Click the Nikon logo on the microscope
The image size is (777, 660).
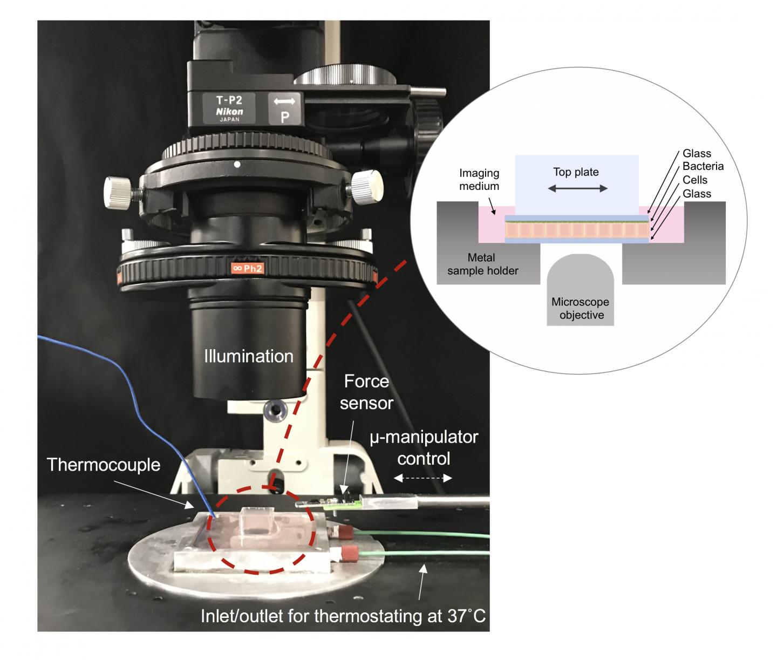[229, 112]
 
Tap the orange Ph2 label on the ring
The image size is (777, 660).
[247, 268]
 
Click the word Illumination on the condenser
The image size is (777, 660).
[249, 356]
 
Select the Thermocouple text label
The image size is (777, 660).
[104, 465]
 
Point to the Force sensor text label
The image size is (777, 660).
[366, 392]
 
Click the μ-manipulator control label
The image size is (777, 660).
[424, 447]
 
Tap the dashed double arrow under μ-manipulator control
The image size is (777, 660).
[423, 478]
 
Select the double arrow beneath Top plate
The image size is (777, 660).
[576, 188]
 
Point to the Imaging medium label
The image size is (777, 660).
[479, 180]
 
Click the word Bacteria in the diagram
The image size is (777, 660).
[703, 166]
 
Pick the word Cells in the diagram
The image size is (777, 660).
[695, 180]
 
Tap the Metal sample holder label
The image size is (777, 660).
[482, 264]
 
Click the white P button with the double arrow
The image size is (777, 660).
[284, 108]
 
